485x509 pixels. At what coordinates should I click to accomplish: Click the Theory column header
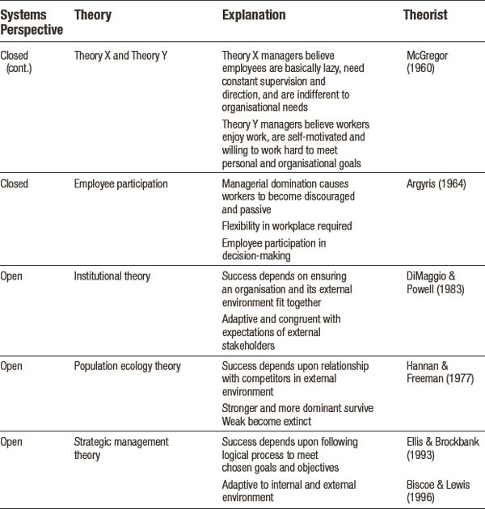92,15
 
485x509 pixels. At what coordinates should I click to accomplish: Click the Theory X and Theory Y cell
119,57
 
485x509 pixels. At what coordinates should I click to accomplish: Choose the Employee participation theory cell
121,184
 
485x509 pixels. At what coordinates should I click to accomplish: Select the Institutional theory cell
113,276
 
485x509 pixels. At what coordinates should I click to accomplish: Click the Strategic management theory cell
121,448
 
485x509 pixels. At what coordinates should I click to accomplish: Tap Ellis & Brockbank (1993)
434,448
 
